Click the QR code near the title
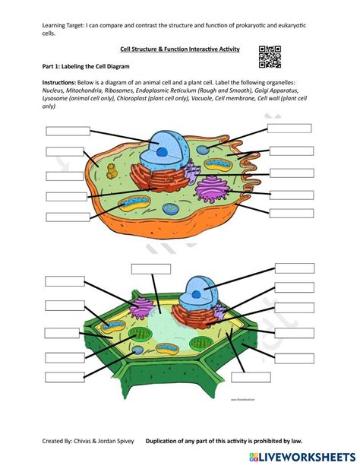tap(270, 56)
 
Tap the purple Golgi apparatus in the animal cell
tap(210, 188)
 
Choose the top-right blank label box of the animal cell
tap(289, 128)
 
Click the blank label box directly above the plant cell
tap(150, 268)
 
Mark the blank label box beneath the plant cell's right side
tap(251, 377)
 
